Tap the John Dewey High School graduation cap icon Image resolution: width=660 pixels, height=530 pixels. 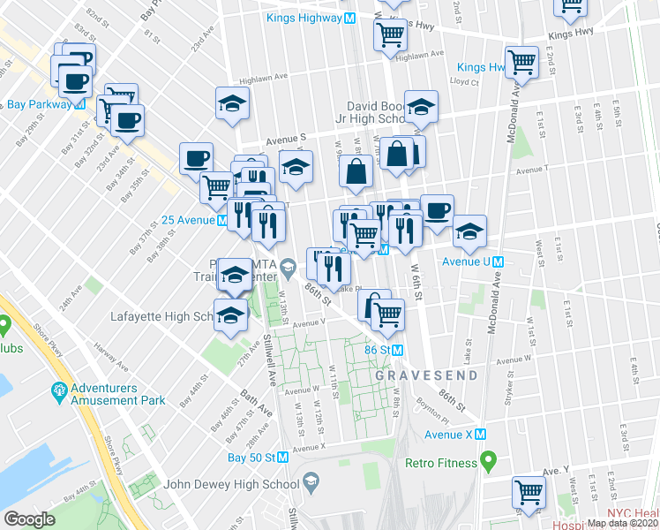pyautogui.click(x=310, y=482)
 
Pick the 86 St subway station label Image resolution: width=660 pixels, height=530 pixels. pyautogui.click(x=385, y=350)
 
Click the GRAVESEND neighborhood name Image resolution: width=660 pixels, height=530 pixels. pyautogui.click(x=427, y=375)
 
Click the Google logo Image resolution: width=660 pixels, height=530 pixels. pyautogui.click(x=29, y=519)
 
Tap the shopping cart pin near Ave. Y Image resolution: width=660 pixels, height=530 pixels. pyautogui.click(x=529, y=494)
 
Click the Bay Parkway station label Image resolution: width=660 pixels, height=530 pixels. pyautogui.click(x=41, y=104)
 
